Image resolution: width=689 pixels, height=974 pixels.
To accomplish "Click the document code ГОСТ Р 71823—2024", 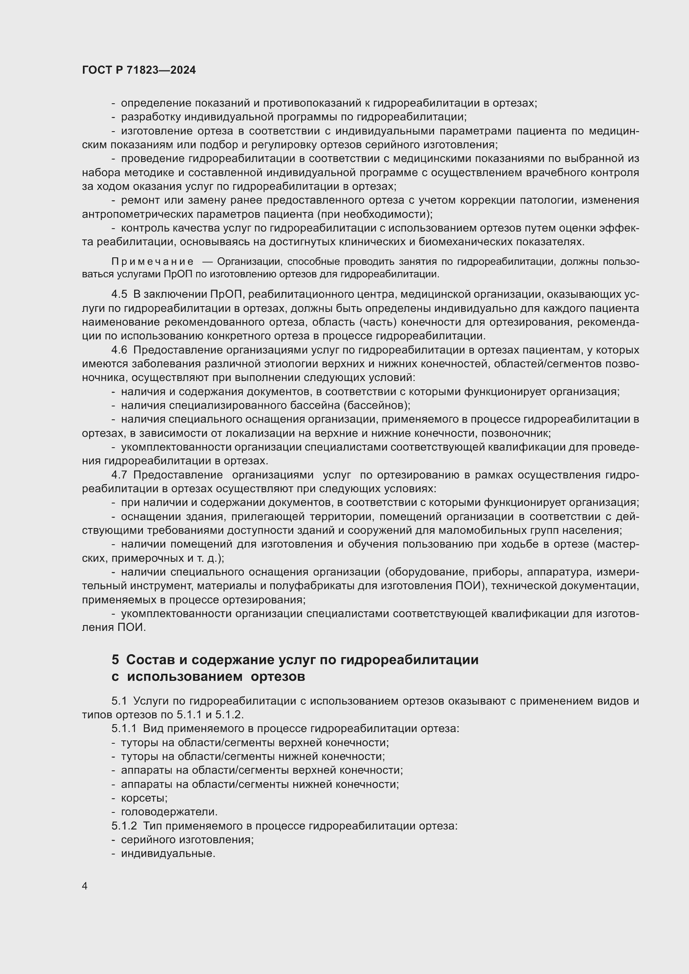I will (139, 70).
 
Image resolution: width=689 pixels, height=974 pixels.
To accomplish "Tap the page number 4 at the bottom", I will (85, 886).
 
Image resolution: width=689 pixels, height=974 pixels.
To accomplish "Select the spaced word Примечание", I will (152, 262).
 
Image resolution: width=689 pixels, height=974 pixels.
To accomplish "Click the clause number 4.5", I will (119, 294).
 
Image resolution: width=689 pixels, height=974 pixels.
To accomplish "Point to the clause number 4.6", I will (119, 350).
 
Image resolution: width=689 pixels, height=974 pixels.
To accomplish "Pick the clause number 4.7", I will (119, 475).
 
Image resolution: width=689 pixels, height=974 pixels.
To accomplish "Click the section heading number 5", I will (115, 660).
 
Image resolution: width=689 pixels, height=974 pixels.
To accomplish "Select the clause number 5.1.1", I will (124, 729).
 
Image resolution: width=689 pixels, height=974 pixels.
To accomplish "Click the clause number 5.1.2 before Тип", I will (124, 826).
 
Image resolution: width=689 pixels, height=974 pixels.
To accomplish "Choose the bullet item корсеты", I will (144, 798).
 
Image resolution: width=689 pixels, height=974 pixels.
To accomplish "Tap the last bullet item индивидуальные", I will (168, 854).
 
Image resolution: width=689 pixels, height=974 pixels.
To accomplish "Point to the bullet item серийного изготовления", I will (187, 839).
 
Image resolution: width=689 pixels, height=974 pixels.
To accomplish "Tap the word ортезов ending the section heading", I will (278, 677).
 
